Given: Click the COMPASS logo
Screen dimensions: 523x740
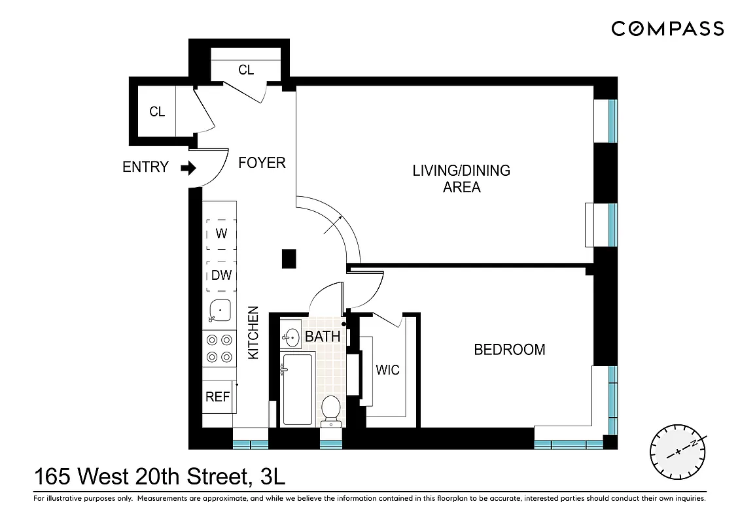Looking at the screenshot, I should tap(667, 29).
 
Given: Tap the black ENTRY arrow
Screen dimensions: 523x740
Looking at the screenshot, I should tap(188, 168).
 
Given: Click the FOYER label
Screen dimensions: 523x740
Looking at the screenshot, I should tap(262, 163).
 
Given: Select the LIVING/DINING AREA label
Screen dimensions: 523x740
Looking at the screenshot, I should tap(461, 178).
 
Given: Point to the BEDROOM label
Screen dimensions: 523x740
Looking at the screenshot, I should tap(509, 350).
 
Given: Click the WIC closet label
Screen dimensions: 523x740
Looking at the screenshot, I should tap(387, 370).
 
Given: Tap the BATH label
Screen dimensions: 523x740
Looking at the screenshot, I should tap(323, 337).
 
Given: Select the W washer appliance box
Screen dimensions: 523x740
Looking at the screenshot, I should tap(221, 233).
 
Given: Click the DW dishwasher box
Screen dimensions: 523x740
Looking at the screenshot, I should tap(221, 275).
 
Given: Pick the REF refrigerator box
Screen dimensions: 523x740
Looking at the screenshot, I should tap(218, 397).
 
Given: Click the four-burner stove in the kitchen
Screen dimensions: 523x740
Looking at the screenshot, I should tap(219, 348).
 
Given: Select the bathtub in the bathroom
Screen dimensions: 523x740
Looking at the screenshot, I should tap(298, 389).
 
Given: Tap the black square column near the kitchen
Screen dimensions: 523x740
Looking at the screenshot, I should tap(289, 259).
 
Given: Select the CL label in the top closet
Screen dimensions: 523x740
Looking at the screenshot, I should tap(246, 70).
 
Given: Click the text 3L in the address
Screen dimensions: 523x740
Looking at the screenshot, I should tap(272, 477).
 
